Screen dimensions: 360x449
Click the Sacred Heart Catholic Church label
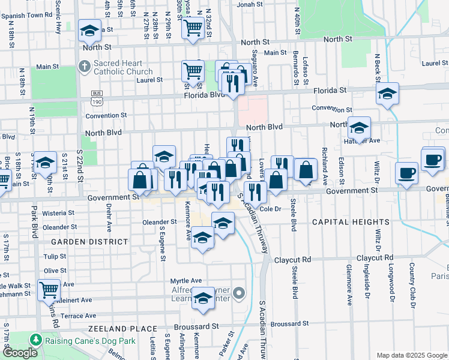(x=124, y=67)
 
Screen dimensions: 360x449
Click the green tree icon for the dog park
(x=36, y=339)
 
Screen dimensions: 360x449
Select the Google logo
(x=20, y=353)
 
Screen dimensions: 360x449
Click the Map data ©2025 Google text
(x=411, y=355)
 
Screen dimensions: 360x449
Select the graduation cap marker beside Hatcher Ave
(x=359, y=127)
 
